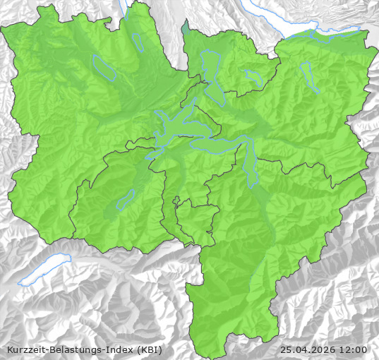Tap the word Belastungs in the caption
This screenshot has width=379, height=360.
tap(75, 349)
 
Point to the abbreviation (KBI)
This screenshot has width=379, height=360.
tap(149, 349)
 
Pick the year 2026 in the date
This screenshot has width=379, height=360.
tap(325, 349)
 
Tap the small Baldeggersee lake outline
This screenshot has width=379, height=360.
tap(138, 42)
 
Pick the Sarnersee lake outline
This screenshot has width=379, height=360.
tap(126, 200)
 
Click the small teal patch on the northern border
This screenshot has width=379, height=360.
tap(185, 29)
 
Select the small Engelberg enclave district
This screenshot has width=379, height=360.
tap(194, 219)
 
